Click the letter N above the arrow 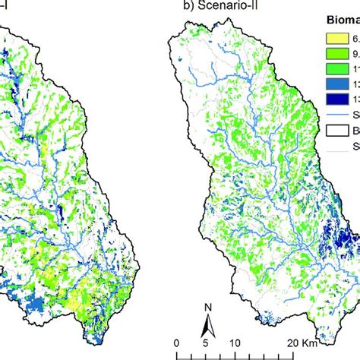click(x=207, y=306)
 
